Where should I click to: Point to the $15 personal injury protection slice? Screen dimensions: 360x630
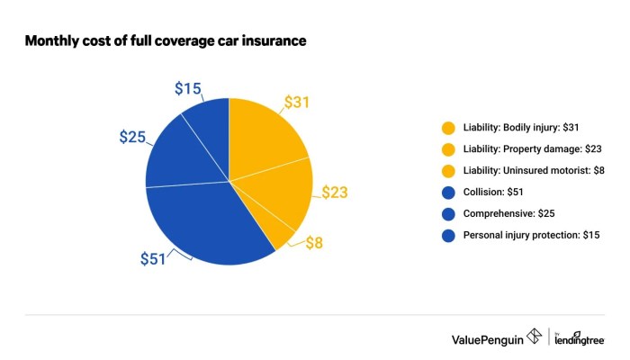(x=209, y=117)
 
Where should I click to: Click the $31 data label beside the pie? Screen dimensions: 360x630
(x=299, y=103)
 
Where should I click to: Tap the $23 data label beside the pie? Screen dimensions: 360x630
(x=332, y=192)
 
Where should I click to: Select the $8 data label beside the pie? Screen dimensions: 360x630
(x=313, y=243)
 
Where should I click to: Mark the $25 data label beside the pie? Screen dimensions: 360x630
(x=134, y=138)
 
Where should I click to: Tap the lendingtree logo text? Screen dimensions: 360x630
(x=580, y=340)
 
